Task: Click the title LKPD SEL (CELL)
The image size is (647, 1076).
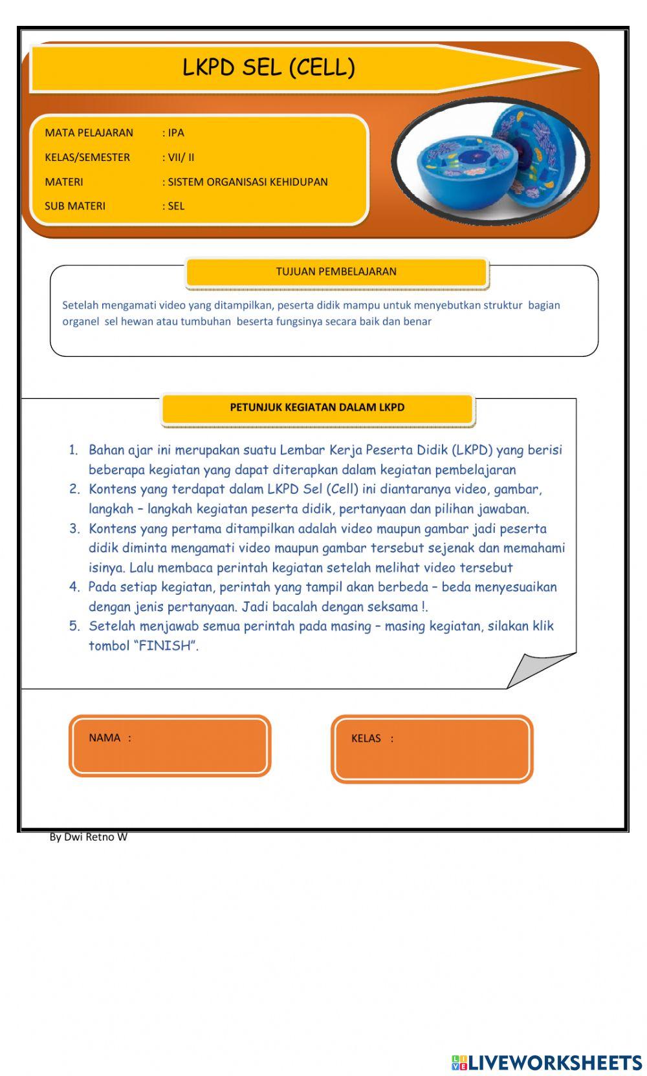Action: coord(269,67)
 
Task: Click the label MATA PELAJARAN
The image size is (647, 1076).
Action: coord(89,133)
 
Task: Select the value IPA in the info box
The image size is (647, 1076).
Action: coord(175,133)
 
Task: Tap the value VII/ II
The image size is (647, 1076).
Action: coord(181,157)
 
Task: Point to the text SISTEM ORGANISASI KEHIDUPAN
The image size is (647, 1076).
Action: coord(247,182)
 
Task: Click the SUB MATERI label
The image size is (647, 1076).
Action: coord(74,206)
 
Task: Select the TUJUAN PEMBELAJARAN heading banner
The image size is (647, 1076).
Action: coord(336,272)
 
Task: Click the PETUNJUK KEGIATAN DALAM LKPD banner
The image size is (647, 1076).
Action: coord(317,407)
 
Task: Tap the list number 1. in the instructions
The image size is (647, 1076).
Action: coord(74,450)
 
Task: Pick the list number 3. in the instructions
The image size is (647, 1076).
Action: coord(74,529)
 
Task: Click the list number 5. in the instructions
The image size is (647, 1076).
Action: coord(74,626)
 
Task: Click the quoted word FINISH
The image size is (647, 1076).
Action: coord(165,645)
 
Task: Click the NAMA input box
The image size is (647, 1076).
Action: coord(170,746)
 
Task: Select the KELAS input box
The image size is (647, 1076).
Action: coord(432,749)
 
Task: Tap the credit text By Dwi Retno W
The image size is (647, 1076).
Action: coord(89,837)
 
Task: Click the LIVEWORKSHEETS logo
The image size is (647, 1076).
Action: coord(547,1062)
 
